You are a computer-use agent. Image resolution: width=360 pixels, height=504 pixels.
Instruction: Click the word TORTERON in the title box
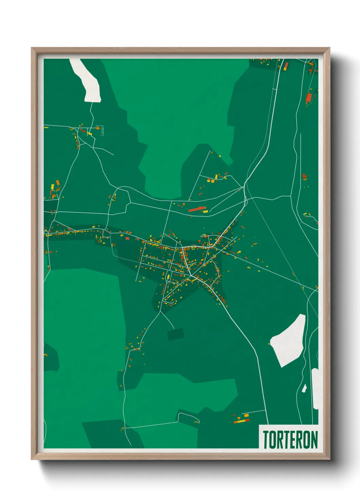coord(290,439)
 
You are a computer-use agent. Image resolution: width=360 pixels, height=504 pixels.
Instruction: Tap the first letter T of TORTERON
coord(266,439)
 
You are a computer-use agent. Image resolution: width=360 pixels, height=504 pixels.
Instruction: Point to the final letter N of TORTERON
coord(314,439)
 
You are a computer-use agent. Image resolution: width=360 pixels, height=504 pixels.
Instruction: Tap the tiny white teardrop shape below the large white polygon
coord(304,388)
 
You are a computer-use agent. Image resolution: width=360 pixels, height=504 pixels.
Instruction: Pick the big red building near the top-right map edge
coord(309,98)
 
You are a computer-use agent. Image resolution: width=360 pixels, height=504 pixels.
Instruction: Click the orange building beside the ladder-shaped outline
coord(98,129)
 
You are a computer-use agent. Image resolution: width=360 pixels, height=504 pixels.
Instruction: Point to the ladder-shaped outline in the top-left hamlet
coord(102,131)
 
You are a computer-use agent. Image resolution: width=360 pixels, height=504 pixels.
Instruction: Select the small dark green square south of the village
coord(176,334)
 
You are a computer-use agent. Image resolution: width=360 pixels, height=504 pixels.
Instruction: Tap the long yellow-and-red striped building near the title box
coord(241,421)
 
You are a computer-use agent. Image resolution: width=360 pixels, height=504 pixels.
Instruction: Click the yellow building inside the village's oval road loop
coord(168,276)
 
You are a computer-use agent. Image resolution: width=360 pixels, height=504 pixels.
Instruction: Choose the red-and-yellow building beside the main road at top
coord(286,66)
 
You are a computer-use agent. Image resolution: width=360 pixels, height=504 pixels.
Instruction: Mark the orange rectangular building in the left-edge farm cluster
coord(58,183)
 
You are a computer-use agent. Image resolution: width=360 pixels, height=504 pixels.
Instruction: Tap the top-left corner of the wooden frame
coord(32,48)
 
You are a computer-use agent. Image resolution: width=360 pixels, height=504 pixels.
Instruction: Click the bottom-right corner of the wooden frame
coord(329,459)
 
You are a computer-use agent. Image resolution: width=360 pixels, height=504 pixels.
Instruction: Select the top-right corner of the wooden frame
coord(329,48)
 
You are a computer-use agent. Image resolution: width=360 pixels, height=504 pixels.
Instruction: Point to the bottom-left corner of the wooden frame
coord(32,459)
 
